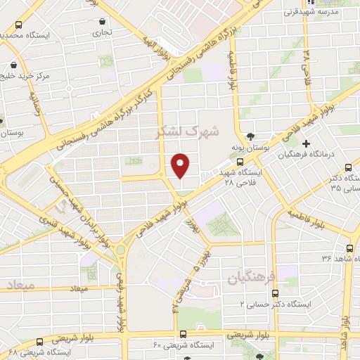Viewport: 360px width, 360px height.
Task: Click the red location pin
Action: (x=181, y=166)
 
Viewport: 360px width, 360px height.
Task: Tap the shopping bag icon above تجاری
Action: (x=103, y=21)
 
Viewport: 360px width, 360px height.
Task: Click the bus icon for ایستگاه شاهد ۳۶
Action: (x=349, y=247)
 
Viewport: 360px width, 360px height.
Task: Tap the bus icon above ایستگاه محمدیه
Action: (x=18, y=24)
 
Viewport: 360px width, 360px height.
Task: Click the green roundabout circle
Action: (x=120, y=250)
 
